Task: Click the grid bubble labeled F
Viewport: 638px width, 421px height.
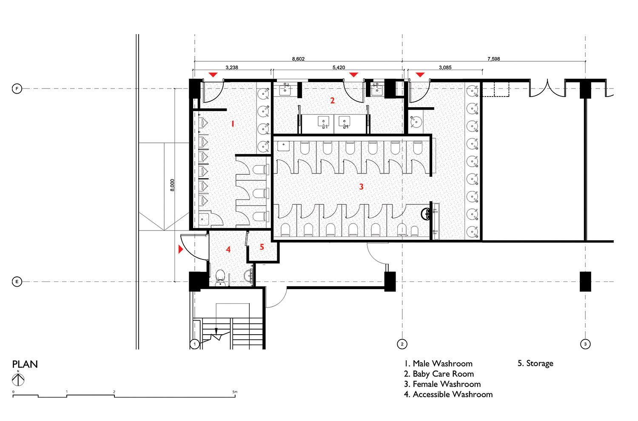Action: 17,89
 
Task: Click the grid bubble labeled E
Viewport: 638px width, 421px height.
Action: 17,282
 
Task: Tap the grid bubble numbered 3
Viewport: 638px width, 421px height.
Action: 585,344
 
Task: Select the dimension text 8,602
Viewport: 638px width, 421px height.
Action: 298,59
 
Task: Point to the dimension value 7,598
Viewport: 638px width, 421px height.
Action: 493,59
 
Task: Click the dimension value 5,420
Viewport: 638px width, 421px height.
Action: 339,68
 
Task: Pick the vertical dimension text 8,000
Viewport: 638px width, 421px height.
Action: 172,185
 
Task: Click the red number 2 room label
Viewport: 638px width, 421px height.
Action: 332,100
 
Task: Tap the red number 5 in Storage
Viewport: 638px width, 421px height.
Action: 262,247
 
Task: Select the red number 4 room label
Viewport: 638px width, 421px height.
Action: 228,250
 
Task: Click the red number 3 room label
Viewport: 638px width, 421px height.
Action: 361,187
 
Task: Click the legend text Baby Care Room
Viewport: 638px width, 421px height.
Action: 439,374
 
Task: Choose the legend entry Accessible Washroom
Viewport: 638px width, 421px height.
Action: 448,394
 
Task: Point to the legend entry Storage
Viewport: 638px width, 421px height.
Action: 535,364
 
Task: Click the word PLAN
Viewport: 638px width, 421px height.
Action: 25,364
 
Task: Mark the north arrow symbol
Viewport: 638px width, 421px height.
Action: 18,379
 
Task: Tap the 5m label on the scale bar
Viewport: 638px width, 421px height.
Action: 235,392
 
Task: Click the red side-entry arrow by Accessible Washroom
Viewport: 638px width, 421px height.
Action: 181,249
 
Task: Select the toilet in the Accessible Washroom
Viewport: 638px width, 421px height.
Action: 220,277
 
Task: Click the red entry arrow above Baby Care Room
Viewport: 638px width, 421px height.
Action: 353,74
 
